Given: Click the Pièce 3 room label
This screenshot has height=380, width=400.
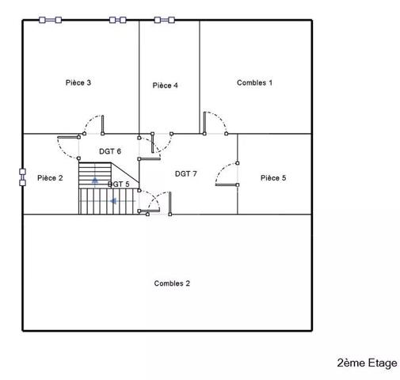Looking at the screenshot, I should (78, 82).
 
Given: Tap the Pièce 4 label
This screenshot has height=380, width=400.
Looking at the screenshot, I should (165, 85).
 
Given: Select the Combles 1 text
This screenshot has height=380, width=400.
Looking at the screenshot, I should (254, 82).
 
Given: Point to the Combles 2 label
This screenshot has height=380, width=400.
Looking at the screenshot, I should (172, 283).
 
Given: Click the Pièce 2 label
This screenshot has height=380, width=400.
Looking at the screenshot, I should (50, 178).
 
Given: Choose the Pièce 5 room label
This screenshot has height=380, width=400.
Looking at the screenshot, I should (272, 178).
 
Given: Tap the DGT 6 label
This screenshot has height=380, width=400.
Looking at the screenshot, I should (110, 151).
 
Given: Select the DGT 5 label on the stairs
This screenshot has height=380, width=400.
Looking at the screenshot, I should (118, 184).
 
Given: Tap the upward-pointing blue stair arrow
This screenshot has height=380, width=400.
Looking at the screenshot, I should (95, 180).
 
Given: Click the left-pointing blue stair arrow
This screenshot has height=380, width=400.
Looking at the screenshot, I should (113, 201).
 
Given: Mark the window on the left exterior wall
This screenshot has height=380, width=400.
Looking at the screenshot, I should (22, 175).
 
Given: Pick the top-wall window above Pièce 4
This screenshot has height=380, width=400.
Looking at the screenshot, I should (165, 20).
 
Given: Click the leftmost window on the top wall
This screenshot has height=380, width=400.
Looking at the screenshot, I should (50, 20).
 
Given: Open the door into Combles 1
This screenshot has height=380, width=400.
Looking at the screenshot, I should (204, 123).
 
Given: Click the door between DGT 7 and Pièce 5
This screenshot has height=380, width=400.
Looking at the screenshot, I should (227, 185).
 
